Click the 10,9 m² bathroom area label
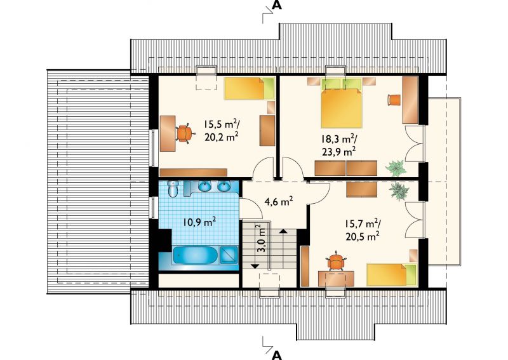tap(199, 222)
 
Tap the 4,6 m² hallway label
tap(279, 201)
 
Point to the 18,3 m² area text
tap(339, 139)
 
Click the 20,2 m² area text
tap(222, 137)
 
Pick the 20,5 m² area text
tap(363, 236)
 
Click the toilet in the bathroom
tap(173, 189)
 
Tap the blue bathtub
tap(196, 255)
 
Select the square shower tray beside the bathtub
tap(229, 255)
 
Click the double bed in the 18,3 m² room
tap(341, 103)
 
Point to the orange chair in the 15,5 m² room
tap(184, 133)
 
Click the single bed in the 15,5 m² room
tap(250, 88)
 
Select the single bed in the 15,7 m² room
tap(392, 275)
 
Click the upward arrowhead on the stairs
tap(283, 231)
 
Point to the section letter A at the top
tap(277, 5)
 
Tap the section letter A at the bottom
tap(277, 355)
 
